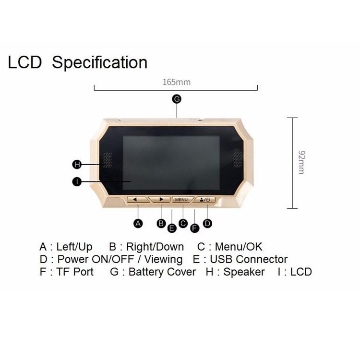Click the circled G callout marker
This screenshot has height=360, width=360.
[x=177, y=99]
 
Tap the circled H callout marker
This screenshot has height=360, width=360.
[x=77, y=164]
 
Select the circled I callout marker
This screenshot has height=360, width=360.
[x=77, y=182]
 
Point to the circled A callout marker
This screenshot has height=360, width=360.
[x=138, y=223]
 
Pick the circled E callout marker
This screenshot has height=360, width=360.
[x=172, y=228]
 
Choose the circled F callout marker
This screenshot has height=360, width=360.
[x=195, y=228]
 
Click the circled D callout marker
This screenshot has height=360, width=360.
[x=207, y=223]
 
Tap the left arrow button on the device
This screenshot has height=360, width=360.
[x=137, y=200]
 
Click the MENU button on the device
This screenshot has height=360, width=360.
[x=182, y=200]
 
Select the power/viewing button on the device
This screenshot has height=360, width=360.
[x=204, y=200]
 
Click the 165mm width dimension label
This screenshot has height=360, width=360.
[x=177, y=82]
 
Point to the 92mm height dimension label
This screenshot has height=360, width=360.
[x=302, y=162]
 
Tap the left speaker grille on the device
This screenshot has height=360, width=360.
[x=108, y=160]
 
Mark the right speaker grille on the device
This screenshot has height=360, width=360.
[x=238, y=160]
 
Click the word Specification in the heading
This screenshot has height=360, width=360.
[x=100, y=62]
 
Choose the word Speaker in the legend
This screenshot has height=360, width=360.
[x=244, y=272]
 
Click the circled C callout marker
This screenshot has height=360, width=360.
[x=183, y=223]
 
